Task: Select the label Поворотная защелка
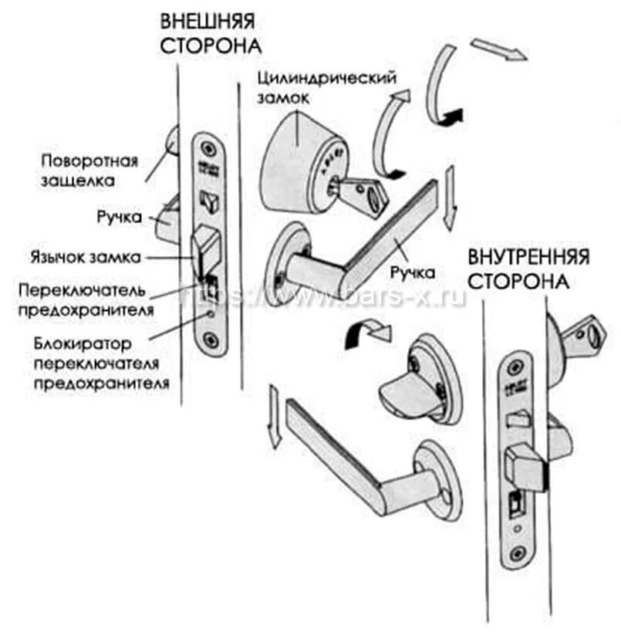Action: [89, 171]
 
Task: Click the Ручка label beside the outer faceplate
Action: [120, 218]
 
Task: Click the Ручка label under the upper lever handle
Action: [412, 272]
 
